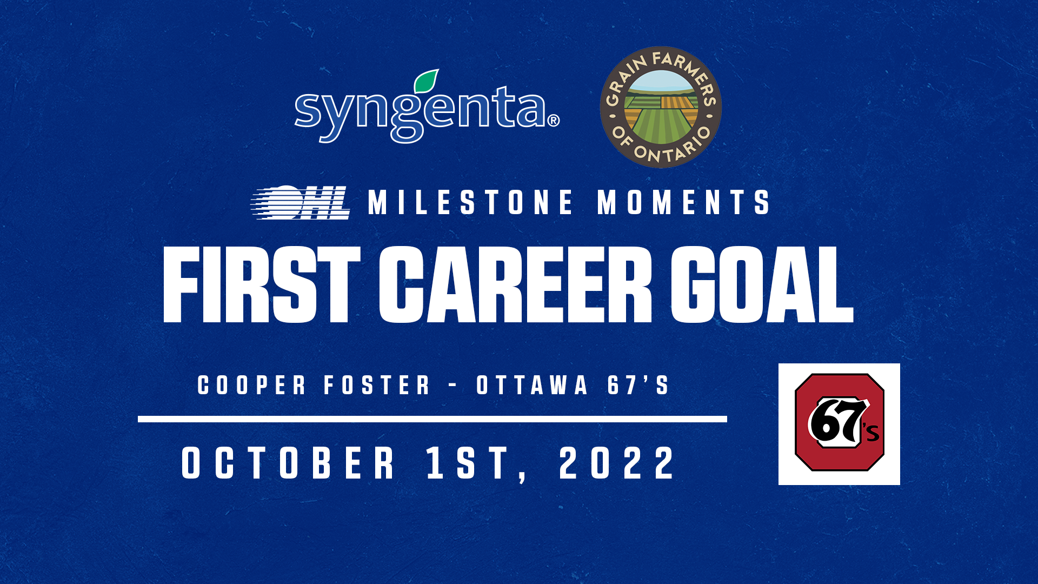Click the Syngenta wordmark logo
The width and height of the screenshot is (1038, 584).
(427, 107)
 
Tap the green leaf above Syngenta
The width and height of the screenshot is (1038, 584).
(427, 81)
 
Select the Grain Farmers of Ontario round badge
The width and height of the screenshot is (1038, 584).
(661, 107)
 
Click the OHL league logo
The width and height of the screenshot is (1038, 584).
(301, 202)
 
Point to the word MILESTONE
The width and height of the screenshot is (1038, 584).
(470, 202)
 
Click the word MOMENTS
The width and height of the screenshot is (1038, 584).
(683, 202)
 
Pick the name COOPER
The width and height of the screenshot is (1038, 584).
(252, 386)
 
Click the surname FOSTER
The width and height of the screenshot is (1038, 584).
(377, 386)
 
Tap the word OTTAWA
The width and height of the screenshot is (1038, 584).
(532, 386)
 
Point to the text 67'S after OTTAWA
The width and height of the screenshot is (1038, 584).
(638, 386)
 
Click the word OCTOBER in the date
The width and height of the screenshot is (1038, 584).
(288, 463)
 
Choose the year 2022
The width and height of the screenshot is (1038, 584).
(617, 463)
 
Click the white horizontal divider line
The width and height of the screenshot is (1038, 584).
(432, 419)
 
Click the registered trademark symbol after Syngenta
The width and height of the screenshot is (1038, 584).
(554, 121)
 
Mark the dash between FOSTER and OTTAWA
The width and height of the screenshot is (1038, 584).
(453, 386)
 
